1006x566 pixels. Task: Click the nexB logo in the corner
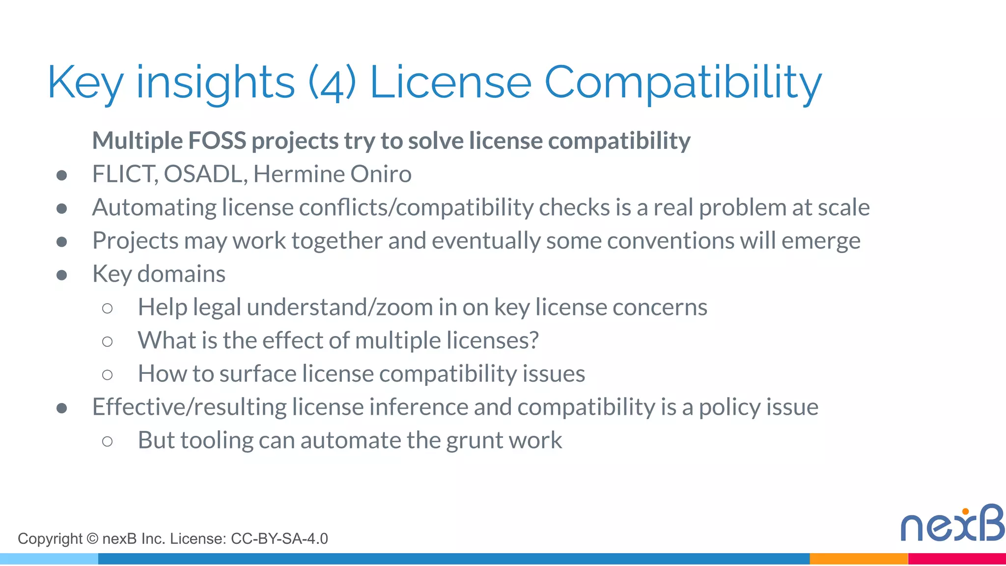pos(952,524)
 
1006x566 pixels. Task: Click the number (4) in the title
pos(332,83)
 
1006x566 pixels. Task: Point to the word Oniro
pos(381,174)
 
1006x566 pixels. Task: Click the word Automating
pos(154,207)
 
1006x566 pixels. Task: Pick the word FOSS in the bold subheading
pos(217,141)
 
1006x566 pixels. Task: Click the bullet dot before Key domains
pos(62,275)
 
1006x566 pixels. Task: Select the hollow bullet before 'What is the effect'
pos(107,341)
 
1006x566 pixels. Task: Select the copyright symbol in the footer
pos(92,538)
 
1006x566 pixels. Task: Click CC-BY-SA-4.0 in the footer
pos(279,538)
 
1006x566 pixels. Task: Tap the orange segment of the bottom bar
pos(858,559)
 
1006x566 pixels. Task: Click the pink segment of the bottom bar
pos(957,559)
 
